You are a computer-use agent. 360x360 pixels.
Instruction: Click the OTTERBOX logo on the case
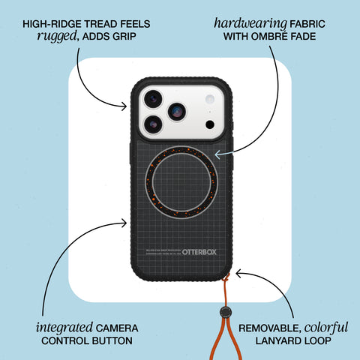point(199,253)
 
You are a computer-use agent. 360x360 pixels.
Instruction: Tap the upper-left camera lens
point(153,98)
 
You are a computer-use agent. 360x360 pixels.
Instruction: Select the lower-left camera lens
point(153,124)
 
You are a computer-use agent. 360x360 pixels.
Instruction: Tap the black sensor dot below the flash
point(210,123)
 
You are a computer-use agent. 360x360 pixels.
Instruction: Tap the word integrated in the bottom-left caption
point(63,328)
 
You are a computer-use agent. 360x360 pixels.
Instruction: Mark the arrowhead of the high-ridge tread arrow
point(124,106)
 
